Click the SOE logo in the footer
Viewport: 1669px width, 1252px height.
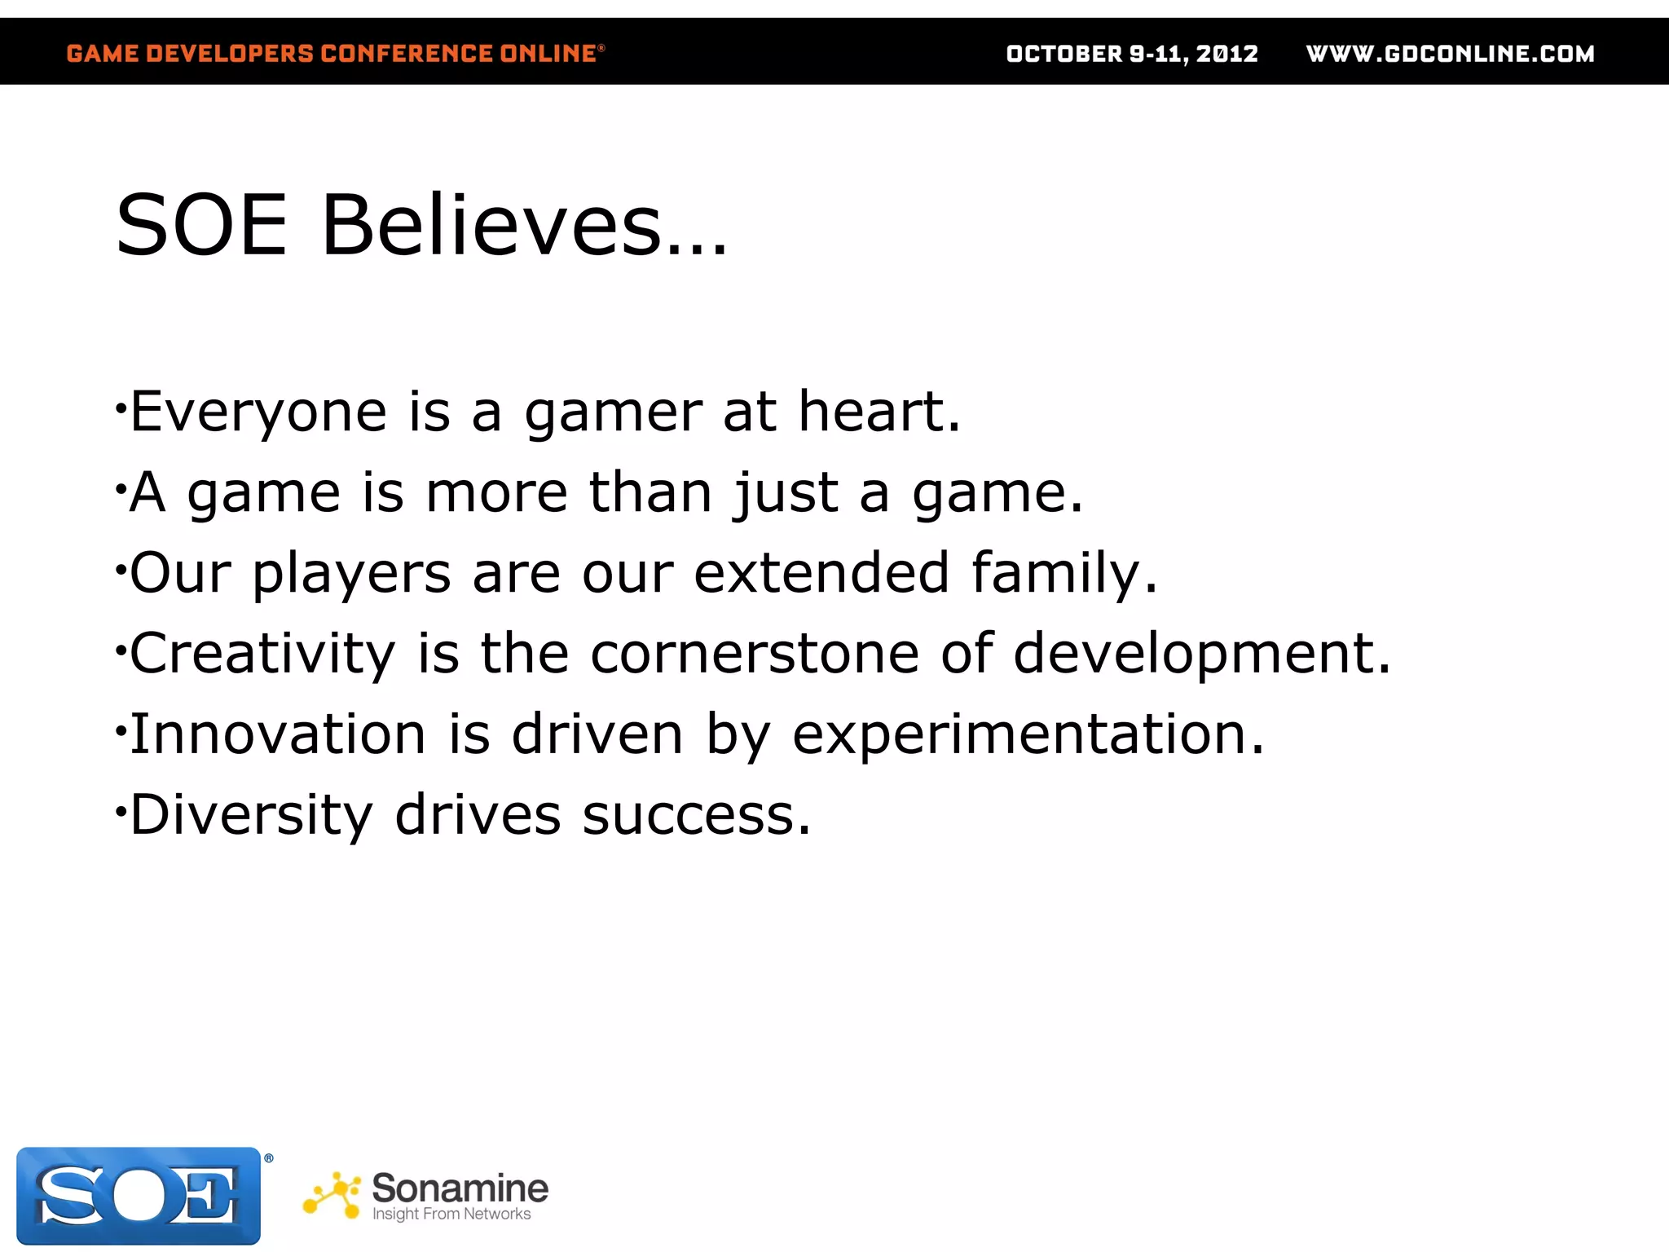click(x=139, y=1195)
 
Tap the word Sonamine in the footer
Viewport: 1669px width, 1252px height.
click(x=460, y=1188)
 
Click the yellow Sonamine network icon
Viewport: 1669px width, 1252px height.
click(x=332, y=1196)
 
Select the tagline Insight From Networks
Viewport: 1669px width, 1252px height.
click(x=451, y=1215)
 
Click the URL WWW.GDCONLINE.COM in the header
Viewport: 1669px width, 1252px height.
click(x=1450, y=54)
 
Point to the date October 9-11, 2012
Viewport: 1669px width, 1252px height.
click(x=1132, y=54)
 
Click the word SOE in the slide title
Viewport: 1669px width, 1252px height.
click(x=201, y=226)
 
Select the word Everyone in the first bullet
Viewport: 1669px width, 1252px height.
click(x=258, y=412)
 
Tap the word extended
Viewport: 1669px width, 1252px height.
click(x=821, y=572)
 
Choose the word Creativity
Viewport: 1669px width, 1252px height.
click(x=262, y=655)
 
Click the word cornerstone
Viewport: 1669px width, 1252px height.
click(x=755, y=654)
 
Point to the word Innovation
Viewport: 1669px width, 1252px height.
click(x=278, y=734)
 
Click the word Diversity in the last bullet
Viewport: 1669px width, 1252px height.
click(x=251, y=815)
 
